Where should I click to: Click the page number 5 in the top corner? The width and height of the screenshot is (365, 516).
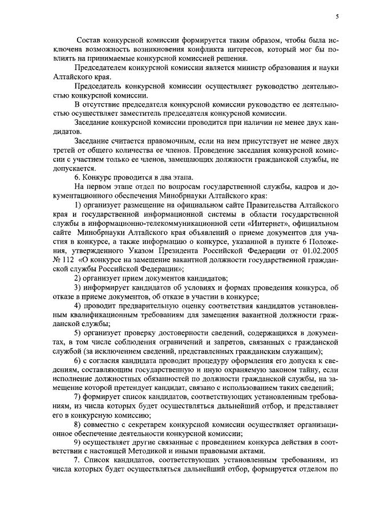337,17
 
